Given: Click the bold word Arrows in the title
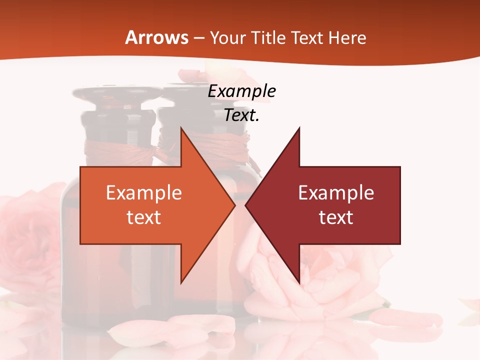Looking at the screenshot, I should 156,38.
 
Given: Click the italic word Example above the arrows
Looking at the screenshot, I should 241,91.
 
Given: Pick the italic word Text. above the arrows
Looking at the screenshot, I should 241,115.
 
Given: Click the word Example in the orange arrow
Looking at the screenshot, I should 144,192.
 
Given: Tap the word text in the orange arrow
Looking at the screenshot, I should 144,217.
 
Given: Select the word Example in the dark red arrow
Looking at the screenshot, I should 336,192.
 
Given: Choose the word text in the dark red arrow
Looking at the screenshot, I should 336,217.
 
